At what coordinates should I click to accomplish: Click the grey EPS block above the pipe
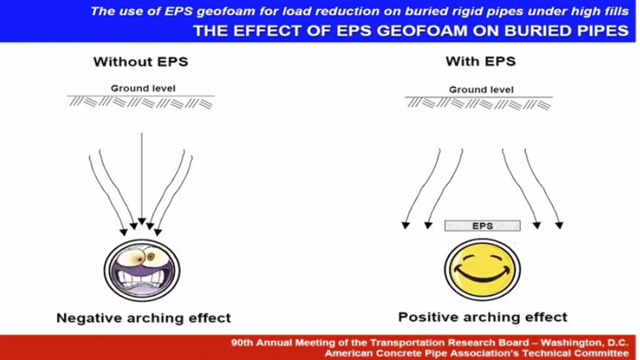pyautogui.click(x=482, y=225)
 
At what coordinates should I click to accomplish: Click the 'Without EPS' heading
pyautogui.click(x=140, y=62)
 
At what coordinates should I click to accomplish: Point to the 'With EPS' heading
pyautogui.click(x=480, y=61)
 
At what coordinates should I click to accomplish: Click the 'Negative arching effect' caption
pyautogui.click(x=143, y=317)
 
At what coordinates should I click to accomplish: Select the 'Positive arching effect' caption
pyautogui.click(x=482, y=317)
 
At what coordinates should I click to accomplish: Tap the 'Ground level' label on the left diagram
pyautogui.click(x=142, y=88)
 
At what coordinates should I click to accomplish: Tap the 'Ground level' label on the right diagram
pyautogui.click(x=481, y=90)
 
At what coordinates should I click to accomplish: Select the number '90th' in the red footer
pyautogui.click(x=242, y=342)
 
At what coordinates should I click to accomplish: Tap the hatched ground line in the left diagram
pyautogui.click(x=142, y=101)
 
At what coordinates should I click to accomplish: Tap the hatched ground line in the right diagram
pyautogui.click(x=479, y=103)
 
